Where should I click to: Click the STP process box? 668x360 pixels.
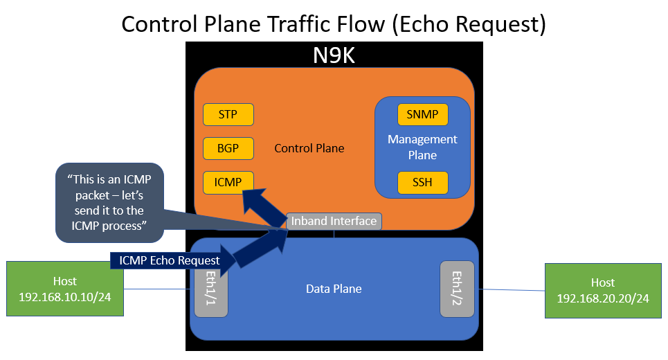(x=228, y=114)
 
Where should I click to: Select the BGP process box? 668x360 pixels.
(x=228, y=148)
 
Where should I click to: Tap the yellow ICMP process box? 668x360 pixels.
(x=228, y=182)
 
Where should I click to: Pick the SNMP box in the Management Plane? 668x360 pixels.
(x=423, y=114)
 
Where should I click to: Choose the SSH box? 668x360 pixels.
(x=423, y=182)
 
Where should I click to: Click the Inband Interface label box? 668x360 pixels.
(x=334, y=222)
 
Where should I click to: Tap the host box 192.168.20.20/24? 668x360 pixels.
(x=603, y=290)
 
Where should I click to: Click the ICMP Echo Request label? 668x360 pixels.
(x=170, y=260)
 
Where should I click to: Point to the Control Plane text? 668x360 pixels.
(x=309, y=148)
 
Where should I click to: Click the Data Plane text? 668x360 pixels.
(x=334, y=289)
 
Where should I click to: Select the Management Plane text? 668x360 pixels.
(x=422, y=147)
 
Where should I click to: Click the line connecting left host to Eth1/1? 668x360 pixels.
(x=158, y=289)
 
